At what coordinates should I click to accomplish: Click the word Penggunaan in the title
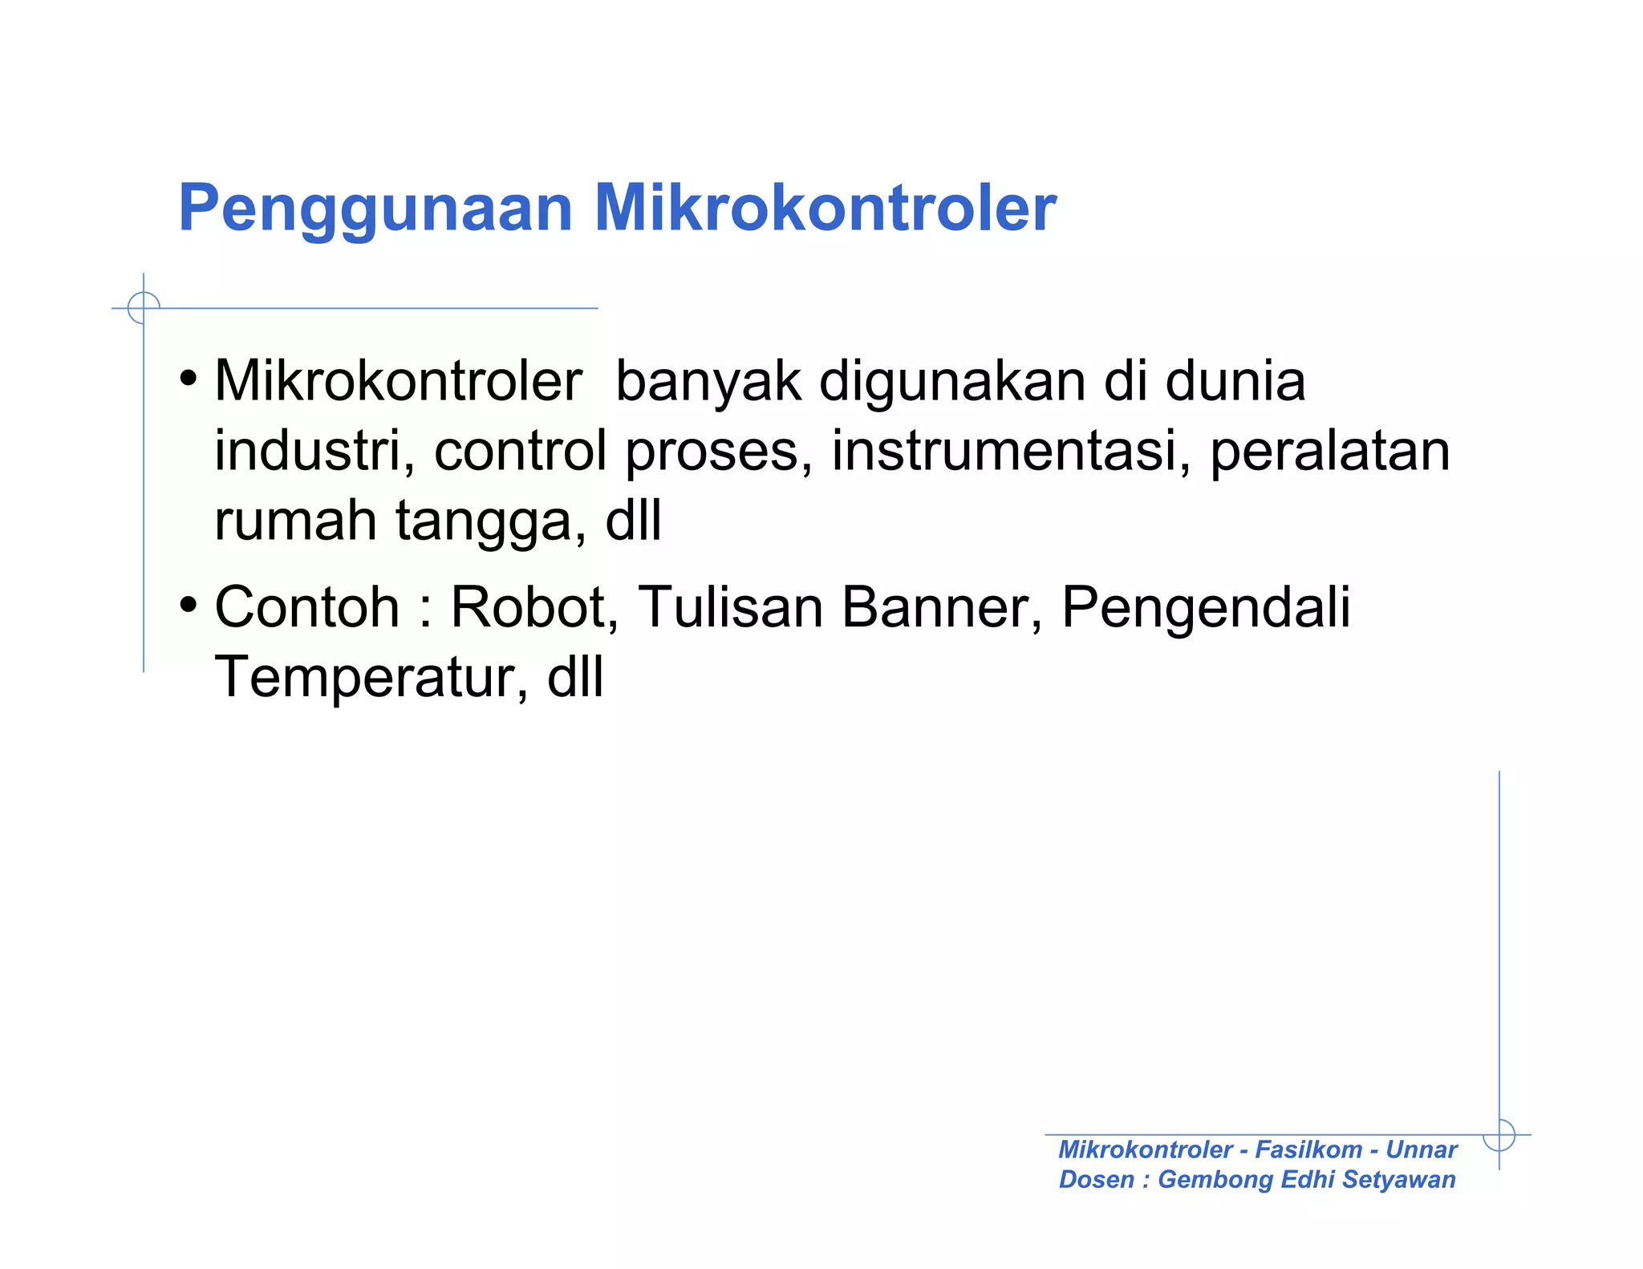pos(375,209)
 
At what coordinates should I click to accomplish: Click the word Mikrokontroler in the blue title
pos(825,209)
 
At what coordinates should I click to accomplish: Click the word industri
pos(314,450)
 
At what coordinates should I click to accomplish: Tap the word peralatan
pos(1329,452)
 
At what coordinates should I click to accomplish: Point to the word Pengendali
pos(1206,608)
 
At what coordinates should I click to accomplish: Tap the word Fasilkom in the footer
pos(1308,1149)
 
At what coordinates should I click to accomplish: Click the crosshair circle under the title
pos(144,308)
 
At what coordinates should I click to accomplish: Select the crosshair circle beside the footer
pos(1499,1134)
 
